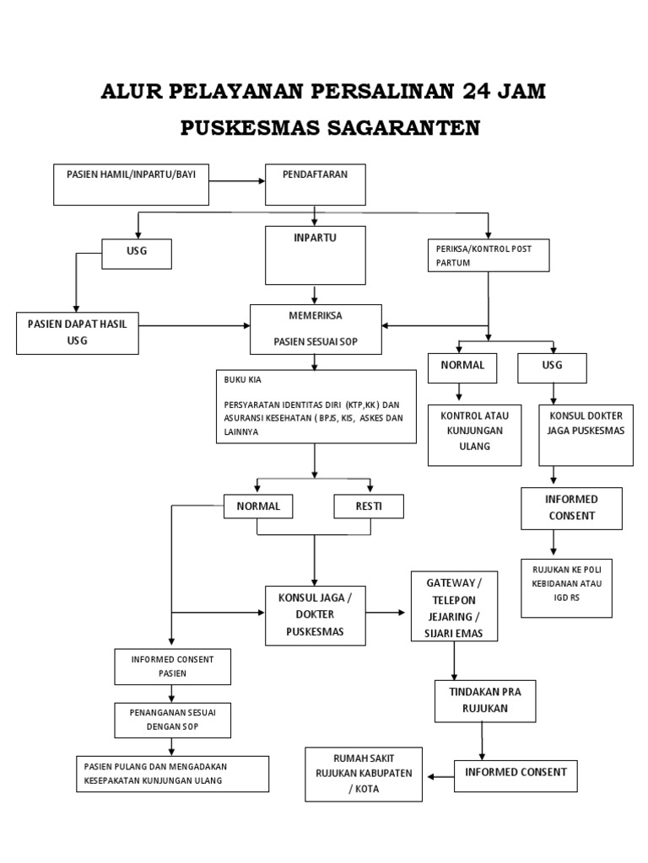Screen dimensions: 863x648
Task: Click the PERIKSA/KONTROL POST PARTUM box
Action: pyautogui.click(x=489, y=255)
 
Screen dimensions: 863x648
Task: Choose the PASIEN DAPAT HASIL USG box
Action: pyautogui.click(x=78, y=332)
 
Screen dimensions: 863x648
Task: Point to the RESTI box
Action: pyautogui.click(x=369, y=506)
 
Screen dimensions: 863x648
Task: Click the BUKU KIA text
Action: pyautogui.click(x=238, y=380)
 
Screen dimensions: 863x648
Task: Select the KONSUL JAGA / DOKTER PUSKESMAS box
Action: pyautogui.click(x=315, y=615)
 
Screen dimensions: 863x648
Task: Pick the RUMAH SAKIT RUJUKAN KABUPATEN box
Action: pyautogui.click(x=364, y=774)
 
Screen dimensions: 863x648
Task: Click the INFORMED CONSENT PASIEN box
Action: pyautogui.click(x=171, y=666)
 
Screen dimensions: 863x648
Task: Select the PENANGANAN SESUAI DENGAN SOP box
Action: pyautogui.click(x=171, y=719)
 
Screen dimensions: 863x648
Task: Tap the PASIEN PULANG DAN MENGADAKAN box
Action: pyautogui.click(x=172, y=773)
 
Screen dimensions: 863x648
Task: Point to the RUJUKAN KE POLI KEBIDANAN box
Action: pyautogui.click(x=566, y=587)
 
